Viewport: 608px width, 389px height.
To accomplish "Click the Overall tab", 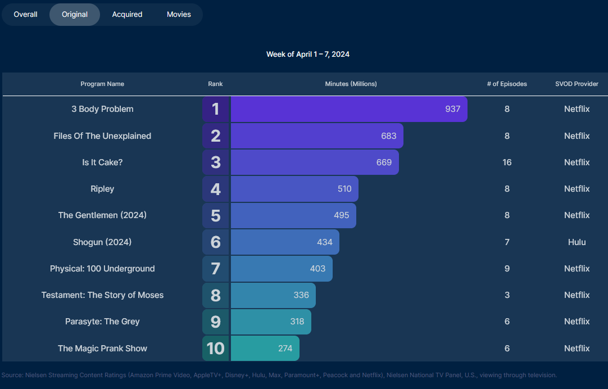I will tap(26, 15).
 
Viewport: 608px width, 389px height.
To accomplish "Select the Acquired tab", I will tap(127, 15).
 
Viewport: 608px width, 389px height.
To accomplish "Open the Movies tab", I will tap(179, 15).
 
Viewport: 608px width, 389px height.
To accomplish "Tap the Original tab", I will tap(75, 15).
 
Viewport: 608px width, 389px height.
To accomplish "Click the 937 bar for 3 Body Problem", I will tap(348, 109).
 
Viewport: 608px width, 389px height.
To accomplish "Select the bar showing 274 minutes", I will tap(265, 349).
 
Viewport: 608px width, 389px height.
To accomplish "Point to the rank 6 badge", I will tap(216, 242).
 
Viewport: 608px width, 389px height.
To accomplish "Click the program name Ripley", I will tap(102, 189).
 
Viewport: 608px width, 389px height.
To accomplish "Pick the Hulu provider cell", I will tap(577, 242).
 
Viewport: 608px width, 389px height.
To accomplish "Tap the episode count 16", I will tap(507, 162).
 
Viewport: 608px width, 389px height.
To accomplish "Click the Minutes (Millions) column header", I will tap(351, 84).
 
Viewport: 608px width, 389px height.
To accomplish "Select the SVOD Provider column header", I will tap(577, 84).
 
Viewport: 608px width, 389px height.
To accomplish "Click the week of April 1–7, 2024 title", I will tap(308, 55).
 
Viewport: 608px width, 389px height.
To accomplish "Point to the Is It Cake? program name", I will tap(102, 162).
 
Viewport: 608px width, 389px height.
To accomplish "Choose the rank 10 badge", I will tap(216, 349).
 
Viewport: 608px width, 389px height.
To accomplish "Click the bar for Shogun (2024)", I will tap(284, 242).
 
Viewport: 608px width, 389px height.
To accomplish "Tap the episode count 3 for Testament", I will tap(507, 295).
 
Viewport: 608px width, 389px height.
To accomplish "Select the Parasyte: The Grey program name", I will tap(102, 322).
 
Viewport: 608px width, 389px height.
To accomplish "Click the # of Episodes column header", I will tap(507, 84).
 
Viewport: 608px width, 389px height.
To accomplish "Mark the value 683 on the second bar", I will tap(388, 136).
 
